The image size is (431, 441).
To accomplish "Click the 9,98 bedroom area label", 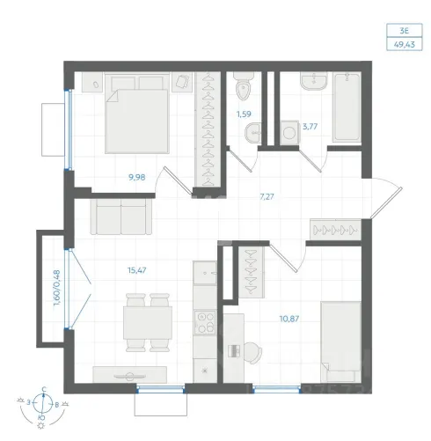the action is pyautogui.click(x=137, y=177).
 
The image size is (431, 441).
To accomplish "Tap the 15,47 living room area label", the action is pyautogui.click(x=137, y=270).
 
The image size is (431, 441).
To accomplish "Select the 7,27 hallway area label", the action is pyautogui.click(x=267, y=196).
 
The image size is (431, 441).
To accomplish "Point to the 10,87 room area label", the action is pyautogui.click(x=289, y=319).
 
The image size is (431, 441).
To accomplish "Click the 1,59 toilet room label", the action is pyautogui.click(x=244, y=114).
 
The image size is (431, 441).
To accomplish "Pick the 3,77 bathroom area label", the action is pyautogui.click(x=310, y=127).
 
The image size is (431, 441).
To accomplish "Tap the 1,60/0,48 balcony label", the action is pyautogui.click(x=57, y=288).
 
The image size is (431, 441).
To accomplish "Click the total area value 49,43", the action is pyautogui.click(x=405, y=45).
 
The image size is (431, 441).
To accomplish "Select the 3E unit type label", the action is pyautogui.click(x=405, y=31).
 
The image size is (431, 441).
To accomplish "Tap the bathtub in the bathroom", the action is pyautogui.click(x=347, y=107).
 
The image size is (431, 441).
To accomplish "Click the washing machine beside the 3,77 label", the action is pyautogui.click(x=289, y=133).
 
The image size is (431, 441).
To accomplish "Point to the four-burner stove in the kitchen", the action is pyautogui.click(x=205, y=323).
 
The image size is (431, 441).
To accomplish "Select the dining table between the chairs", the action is pyautogui.click(x=148, y=323).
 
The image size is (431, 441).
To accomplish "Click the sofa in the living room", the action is pyautogui.click(x=121, y=217).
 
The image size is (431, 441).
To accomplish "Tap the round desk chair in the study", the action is pyautogui.click(x=252, y=352).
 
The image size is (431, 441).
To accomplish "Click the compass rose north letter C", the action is pyautogui.click(x=44, y=389).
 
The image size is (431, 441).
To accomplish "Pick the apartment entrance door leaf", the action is pyautogui.click(x=386, y=203).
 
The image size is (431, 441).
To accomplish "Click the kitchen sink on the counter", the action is pyautogui.click(x=205, y=273).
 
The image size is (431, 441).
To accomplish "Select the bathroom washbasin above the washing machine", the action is pyautogui.click(x=314, y=81).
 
